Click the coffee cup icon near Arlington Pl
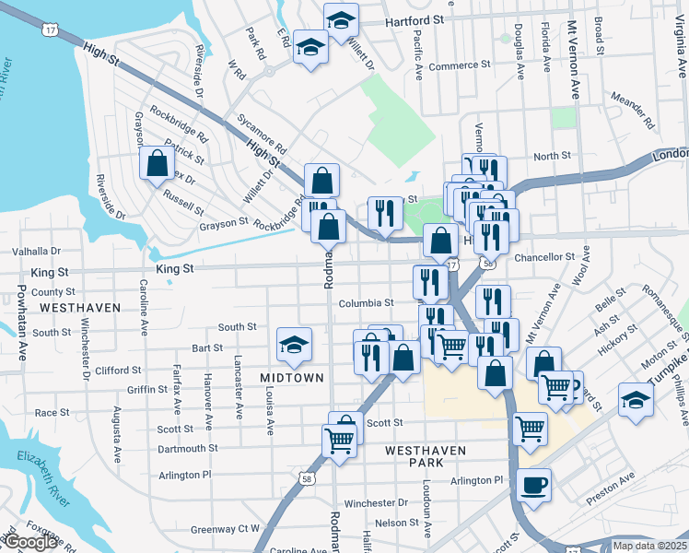533,485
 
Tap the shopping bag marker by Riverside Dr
158,164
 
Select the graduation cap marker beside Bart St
295,346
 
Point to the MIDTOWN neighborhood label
291,378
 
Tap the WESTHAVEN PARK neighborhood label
426,456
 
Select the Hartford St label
415,18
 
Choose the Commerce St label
460,65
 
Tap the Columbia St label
366,302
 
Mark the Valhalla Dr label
36,251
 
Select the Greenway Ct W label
226,529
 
